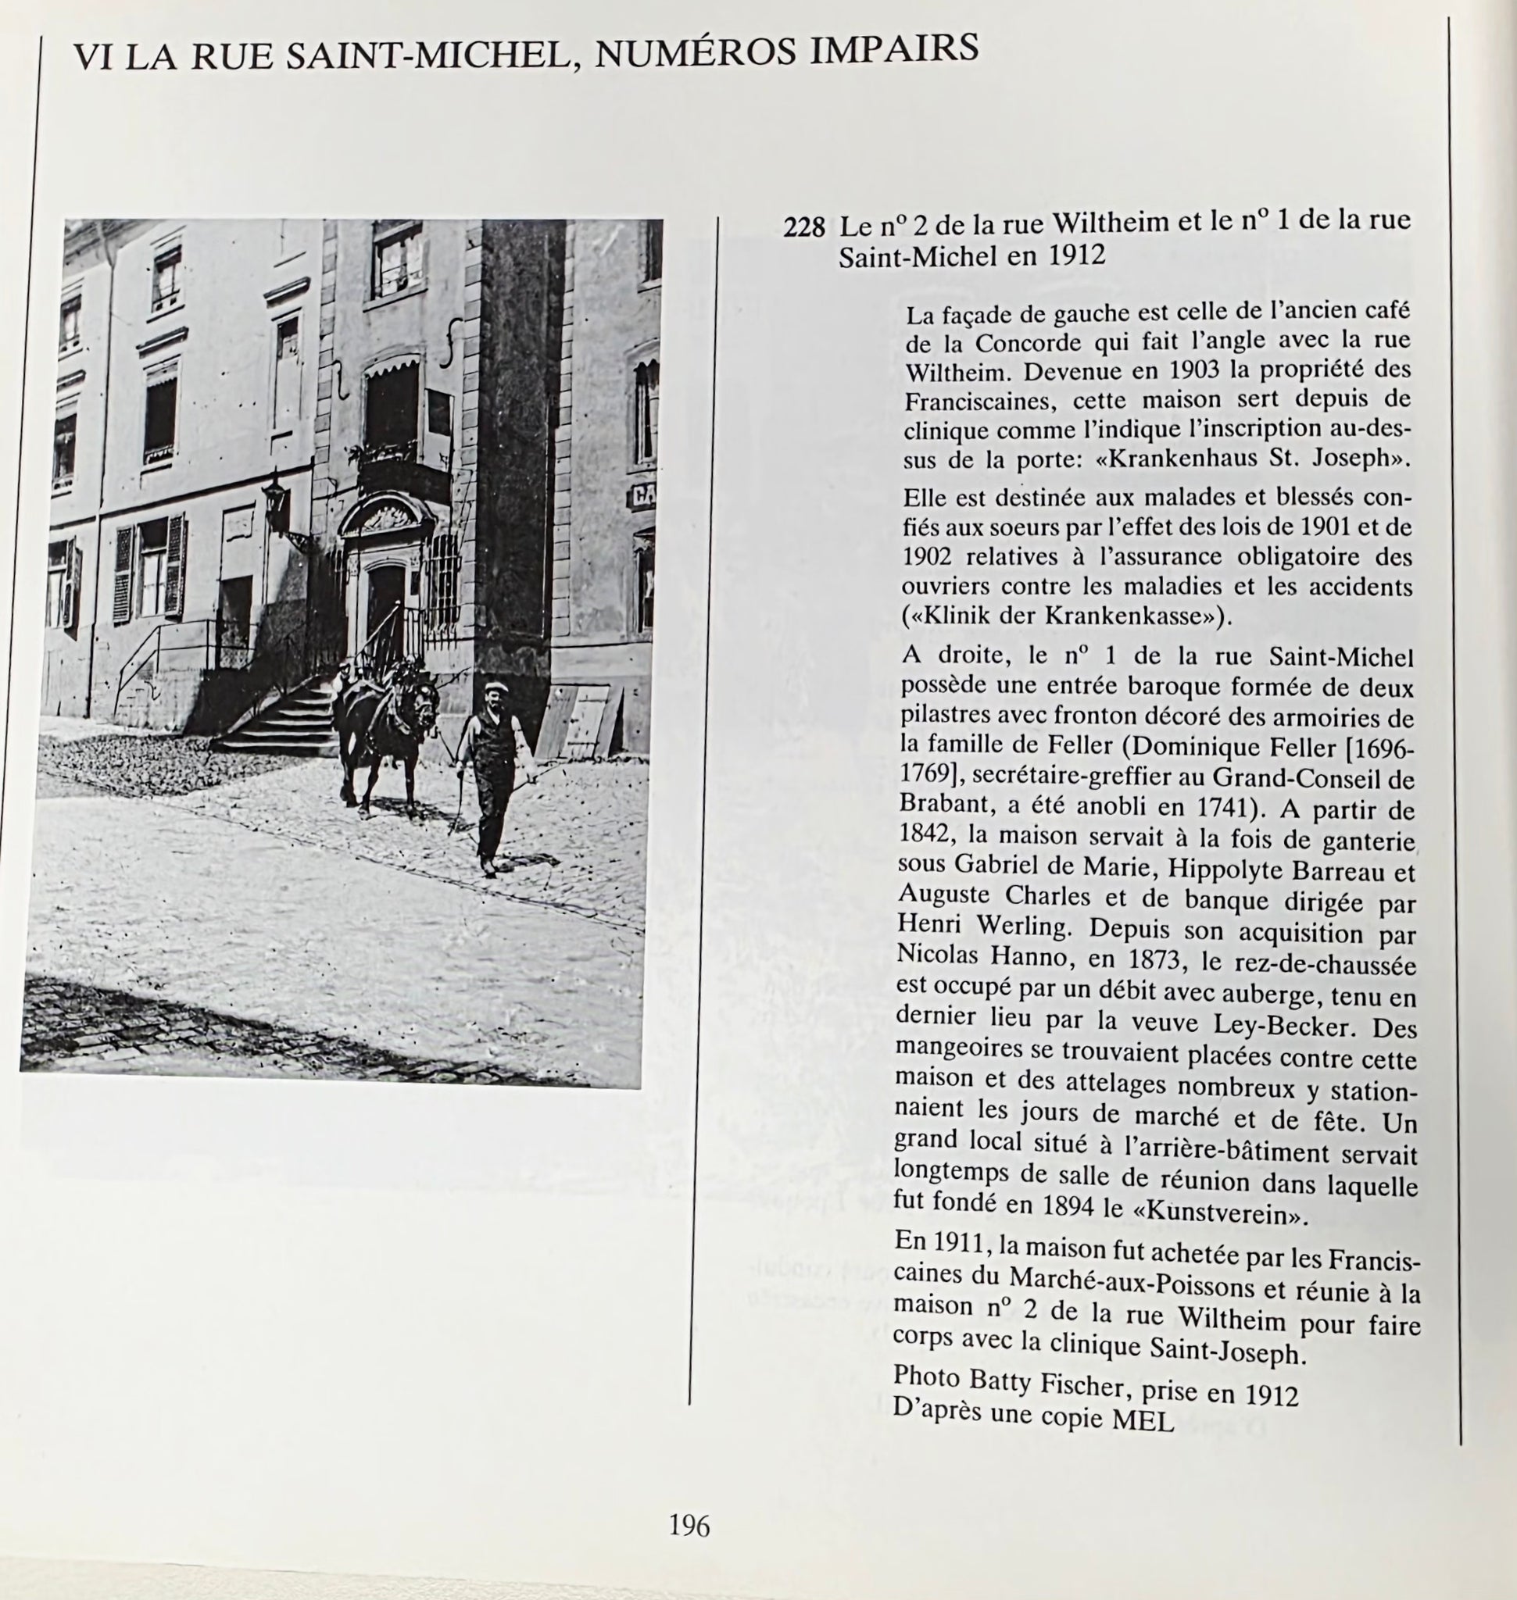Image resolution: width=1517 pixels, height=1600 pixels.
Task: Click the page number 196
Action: click(x=689, y=1526)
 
